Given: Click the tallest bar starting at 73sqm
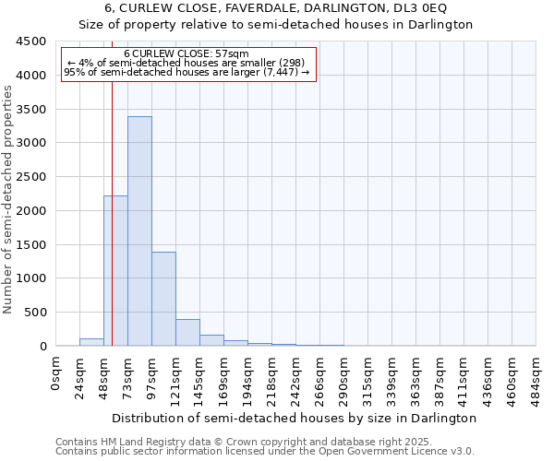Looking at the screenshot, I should (x=139, y=230).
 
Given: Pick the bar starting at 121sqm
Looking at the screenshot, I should (x=187, y=333).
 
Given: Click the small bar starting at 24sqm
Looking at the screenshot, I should (x=91, y=342).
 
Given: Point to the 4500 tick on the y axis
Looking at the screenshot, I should (x=30, y=41).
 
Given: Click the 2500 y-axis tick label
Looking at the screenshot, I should (x=30, y=177).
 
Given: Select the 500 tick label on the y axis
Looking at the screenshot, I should (x=34, y=313).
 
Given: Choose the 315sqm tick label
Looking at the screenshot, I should (x=368, y=378).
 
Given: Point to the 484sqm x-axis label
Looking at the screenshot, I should (x=536, y=378).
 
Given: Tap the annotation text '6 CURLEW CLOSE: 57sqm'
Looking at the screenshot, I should (x=186, y=53).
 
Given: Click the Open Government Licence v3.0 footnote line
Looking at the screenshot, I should (x=265, y=452).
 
